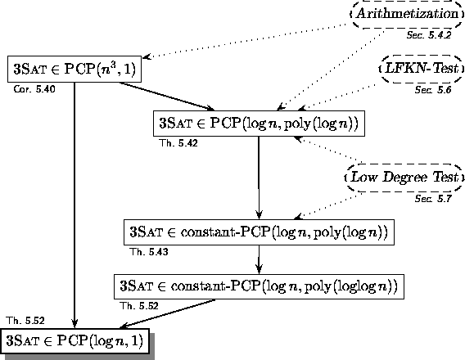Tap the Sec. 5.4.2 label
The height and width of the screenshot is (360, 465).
(x=429, y=35)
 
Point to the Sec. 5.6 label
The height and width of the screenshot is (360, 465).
(x=433, y=89)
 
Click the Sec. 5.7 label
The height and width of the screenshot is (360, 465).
(x=433, y=198)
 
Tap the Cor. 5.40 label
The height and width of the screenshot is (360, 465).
(x=34, y=89)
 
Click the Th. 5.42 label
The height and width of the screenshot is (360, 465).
(x=178, y=143)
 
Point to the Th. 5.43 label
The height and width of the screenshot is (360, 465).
(x=149, y=252)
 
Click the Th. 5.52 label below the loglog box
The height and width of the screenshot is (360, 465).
(x=139, y=306)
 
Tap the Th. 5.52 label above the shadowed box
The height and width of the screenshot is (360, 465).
(x=25, y=321)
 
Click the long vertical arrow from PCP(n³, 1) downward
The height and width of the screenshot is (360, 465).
(x=74, y=205)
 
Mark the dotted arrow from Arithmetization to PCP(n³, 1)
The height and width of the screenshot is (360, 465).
(x=246, y=41)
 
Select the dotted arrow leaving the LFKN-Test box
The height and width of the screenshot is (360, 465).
(x=337, y=97)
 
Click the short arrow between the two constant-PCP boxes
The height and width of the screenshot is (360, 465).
(x=259, y=259)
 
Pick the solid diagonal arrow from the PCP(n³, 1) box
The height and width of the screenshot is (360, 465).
(x=167, y=97)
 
